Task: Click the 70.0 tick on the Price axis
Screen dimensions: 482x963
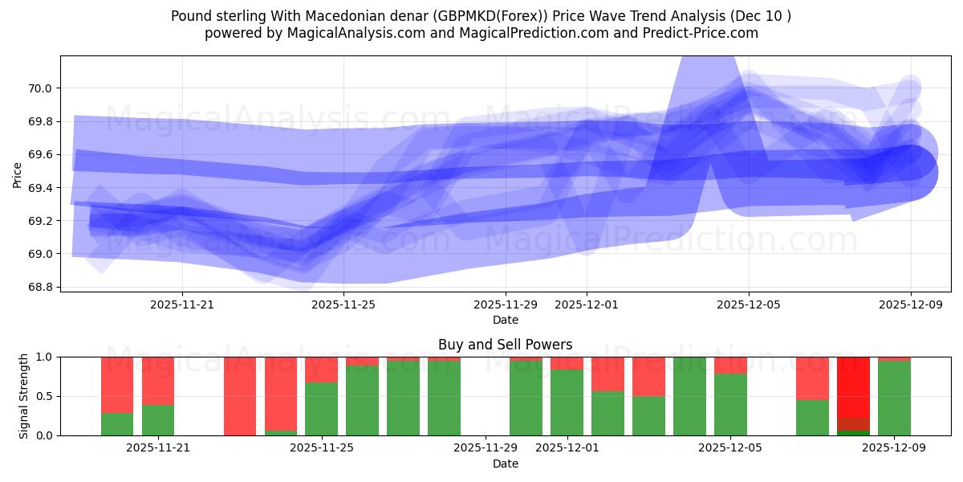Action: pyautogui.click(x=40, y=88)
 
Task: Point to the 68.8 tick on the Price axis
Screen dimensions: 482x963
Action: pyautogui.click(x=40, y=287)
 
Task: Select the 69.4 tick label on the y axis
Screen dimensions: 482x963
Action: pyautogui.click(x=40, y=188)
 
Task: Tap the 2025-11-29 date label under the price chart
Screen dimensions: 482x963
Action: pyautogui.click(x=506, y=305)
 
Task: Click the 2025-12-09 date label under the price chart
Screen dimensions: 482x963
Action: pyautogui.click(x=910, y=305)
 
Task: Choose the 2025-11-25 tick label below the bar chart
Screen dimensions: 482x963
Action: pyautogui.click(x=321, y=448)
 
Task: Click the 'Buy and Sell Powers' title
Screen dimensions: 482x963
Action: pyautogui.click(x=505, y=345)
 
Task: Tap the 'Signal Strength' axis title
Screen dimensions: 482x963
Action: pyautogui.click(x=24, y=396)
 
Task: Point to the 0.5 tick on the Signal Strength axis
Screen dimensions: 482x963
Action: pyautogui.click(x=44, y=396)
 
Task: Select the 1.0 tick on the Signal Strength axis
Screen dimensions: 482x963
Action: pyautogui.click(x=44, y=357)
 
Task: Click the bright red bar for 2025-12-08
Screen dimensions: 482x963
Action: pyautogui.click(x=853, y=386)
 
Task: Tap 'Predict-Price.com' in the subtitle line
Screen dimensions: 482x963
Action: pyautogui.click(x=704, y=33)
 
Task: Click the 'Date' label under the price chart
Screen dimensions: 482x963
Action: pyautogui.click(x=505, y=320)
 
